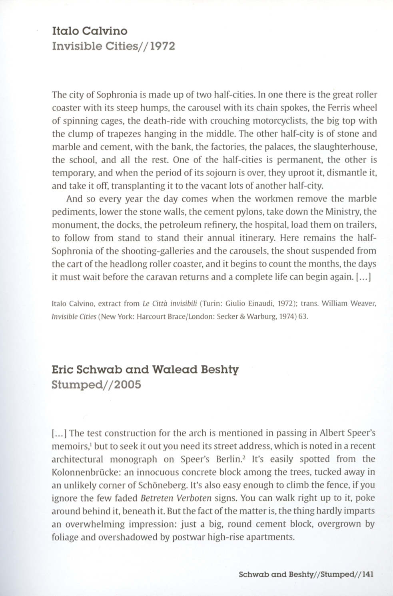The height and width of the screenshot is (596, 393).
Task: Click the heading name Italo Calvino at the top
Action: point(90,31)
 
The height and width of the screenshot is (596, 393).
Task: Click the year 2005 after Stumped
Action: point(127,385)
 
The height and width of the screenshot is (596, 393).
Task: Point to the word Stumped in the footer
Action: point(333,575)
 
